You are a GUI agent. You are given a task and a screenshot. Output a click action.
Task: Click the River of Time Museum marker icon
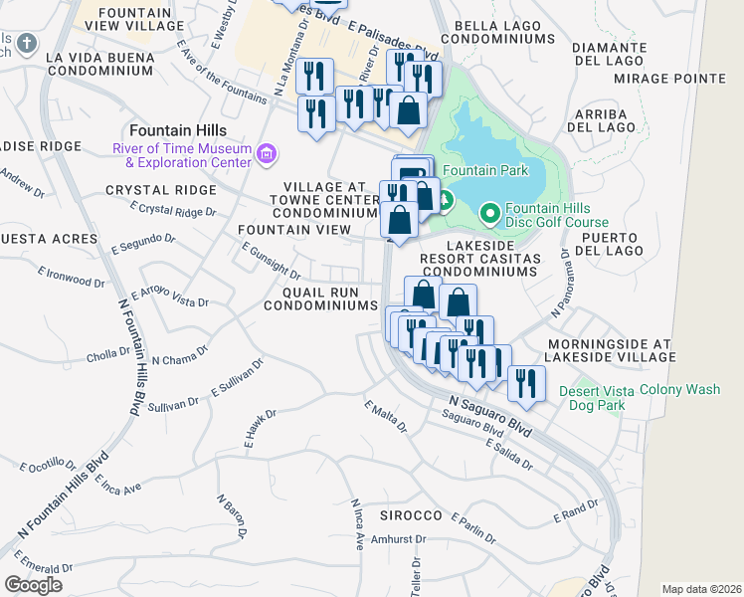coord(266,153)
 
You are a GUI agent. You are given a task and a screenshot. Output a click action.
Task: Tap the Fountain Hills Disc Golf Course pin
coord(489,213)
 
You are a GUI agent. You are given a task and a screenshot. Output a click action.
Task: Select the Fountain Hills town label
coord(177,130)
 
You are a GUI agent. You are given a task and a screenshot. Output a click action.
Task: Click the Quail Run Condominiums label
coord(320,298)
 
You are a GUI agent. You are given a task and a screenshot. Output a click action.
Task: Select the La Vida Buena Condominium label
coord(99,64)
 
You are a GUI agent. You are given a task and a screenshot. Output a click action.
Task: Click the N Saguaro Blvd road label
coord(489,414)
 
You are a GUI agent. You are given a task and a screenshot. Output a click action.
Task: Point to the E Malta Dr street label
coord(386,418)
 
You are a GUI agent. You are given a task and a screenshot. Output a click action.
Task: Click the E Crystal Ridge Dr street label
coord(174,210)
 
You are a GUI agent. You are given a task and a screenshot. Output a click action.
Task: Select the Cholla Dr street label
coord(109,352)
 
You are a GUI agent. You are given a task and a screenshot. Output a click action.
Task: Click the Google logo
coord(33,585)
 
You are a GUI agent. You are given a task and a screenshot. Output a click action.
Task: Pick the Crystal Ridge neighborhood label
coord(160,190)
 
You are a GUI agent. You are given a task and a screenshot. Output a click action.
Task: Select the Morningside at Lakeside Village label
coord(610,350)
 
